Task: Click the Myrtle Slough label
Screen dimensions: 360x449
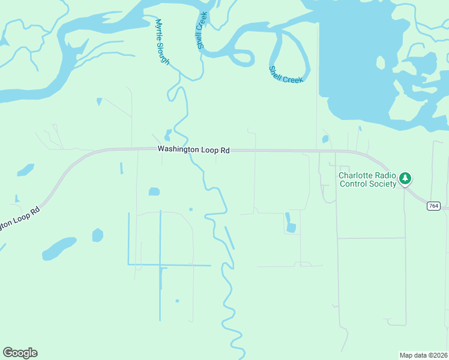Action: click(x=162, y=43)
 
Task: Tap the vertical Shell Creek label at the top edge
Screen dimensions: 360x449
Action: click(x=202, y=29)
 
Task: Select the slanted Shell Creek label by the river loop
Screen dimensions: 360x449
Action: click(x=286, y=74)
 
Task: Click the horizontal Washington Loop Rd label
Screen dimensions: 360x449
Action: click(x=193, y=150)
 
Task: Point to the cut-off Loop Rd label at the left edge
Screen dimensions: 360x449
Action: click(x=18, y=218)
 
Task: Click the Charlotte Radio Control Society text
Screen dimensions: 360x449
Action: click(x=368, y=179)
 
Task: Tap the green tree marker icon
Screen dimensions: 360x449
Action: click(x=406, y=178)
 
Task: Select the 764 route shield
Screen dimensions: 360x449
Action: click(x=433, y=206)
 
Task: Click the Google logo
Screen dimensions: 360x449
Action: click(x=20, y=352)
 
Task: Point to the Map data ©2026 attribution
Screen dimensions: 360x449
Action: click(x=423, y=355)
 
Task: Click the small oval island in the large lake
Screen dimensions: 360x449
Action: click(x=380, y=62)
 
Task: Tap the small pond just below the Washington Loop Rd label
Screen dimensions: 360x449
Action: click(x=154, y=192)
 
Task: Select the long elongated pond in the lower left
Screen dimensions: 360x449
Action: click(x=59, y=247)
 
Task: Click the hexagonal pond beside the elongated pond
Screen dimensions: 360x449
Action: click(x=97, y=235)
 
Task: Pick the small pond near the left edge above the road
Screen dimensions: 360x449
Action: click(x=26, y=170)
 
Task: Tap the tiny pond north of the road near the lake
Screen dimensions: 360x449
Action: click(x=325, y=139)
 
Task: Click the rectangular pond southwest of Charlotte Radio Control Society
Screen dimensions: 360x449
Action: click(x=291, y=227)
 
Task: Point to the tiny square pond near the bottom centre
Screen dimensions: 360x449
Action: click(x=177, y=301)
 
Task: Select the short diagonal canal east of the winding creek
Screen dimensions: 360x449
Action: click(x=229, y=238)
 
